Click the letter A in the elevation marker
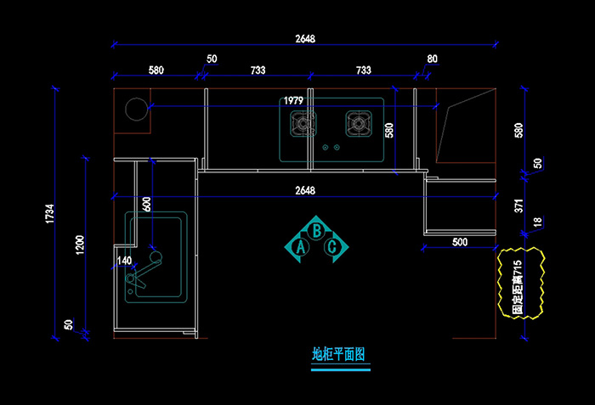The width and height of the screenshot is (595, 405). point(301,247)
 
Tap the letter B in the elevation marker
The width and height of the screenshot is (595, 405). point(316,231)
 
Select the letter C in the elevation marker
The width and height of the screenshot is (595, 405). point(332,247)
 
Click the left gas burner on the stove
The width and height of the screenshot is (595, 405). point(303,123)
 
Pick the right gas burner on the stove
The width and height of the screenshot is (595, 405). point(359,123)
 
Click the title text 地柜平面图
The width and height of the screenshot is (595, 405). point(338,355)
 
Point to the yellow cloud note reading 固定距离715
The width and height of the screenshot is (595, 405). point(520,283)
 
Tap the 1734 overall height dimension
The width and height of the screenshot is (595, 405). point(50,213)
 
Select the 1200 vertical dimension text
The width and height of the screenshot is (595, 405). point(80,245)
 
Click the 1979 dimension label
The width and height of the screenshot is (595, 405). point(293,100)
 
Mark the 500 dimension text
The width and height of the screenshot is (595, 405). point(460,242)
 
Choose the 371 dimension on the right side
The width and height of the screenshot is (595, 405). point(518,206)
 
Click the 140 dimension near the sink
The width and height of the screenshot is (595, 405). point(124,261)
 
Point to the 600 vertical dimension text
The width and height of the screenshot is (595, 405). point(146,204)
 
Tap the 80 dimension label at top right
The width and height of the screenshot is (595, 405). point(432,59)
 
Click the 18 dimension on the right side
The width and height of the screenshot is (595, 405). point(538,222)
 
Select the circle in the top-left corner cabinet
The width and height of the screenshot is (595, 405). point(137,109)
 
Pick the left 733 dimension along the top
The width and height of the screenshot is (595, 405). point(258,70)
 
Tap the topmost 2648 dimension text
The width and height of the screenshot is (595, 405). point(305,39)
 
